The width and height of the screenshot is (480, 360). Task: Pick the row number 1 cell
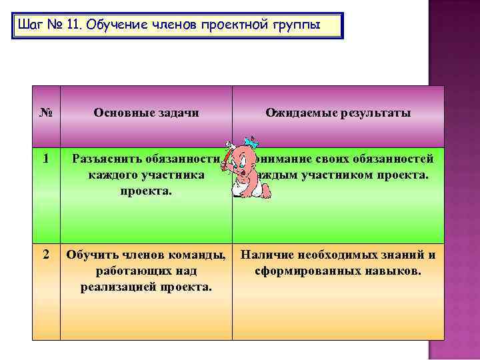point(46,159)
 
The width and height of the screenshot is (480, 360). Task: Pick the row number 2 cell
point(46,255)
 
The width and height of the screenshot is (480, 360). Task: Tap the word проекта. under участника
point(145,191)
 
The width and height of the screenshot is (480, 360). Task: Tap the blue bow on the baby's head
point(251,142)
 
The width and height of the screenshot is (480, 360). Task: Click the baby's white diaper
point(239,191)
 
